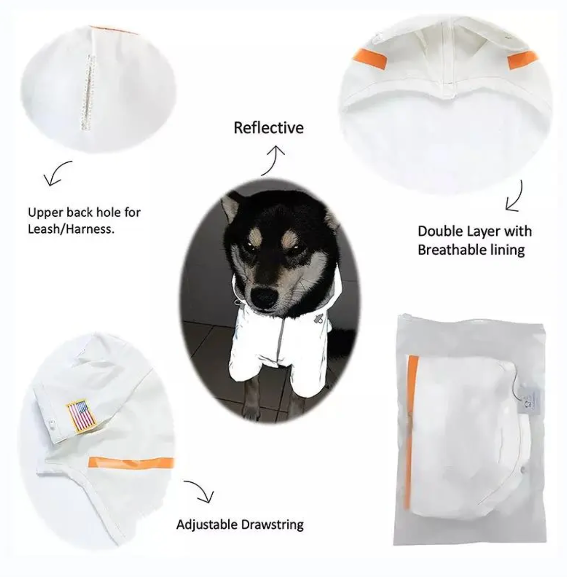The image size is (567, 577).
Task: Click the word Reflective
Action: coord(268,127)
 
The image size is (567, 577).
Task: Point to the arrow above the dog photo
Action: coord(272,160)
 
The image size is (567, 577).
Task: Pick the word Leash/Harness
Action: coord(71,229)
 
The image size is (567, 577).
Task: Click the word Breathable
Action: coord(450,250)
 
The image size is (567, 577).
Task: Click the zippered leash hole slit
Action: coord(88,92)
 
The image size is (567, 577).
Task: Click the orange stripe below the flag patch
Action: coord(131,463)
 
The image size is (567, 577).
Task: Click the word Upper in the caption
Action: coord(45,213)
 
